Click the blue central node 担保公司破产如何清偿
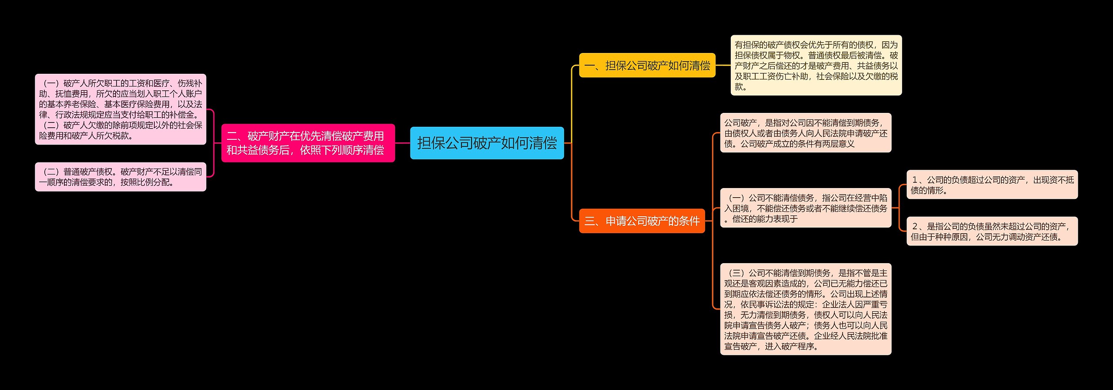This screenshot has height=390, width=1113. (x=487, y=143)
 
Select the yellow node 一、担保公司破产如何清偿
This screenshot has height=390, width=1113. (x=647, y=66)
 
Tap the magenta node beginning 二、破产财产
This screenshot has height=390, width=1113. (x=308, y=143)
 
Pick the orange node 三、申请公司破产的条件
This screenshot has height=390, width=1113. (x=642, y=221)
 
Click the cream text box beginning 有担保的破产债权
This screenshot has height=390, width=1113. (x=816, y=66)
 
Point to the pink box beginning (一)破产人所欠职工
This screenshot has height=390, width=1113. (x=120, y=109)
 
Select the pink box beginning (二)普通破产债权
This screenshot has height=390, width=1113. (x=120, y=177)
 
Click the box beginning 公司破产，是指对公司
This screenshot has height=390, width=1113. (x=806, y=133)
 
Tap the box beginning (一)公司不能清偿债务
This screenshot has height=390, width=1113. (x=806, y=208)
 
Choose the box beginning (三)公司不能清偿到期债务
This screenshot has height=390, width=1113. (x=806, y=309)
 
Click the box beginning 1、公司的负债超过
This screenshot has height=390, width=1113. (x=992, y=185)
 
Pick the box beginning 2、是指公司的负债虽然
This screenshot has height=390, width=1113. (x=992, y=231)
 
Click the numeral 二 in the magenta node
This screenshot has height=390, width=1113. (x=232, y=136)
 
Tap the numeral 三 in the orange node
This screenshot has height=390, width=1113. (x=590, y=221)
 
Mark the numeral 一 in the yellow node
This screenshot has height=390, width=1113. (x=590, y=66)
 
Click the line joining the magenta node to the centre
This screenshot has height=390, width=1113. (x=403, y=143)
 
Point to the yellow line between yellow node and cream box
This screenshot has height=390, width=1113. (x=723, y=66)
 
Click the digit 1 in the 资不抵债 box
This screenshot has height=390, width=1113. (x=915, y=180)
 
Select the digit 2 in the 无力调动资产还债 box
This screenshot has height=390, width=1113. (x=915, y=226)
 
